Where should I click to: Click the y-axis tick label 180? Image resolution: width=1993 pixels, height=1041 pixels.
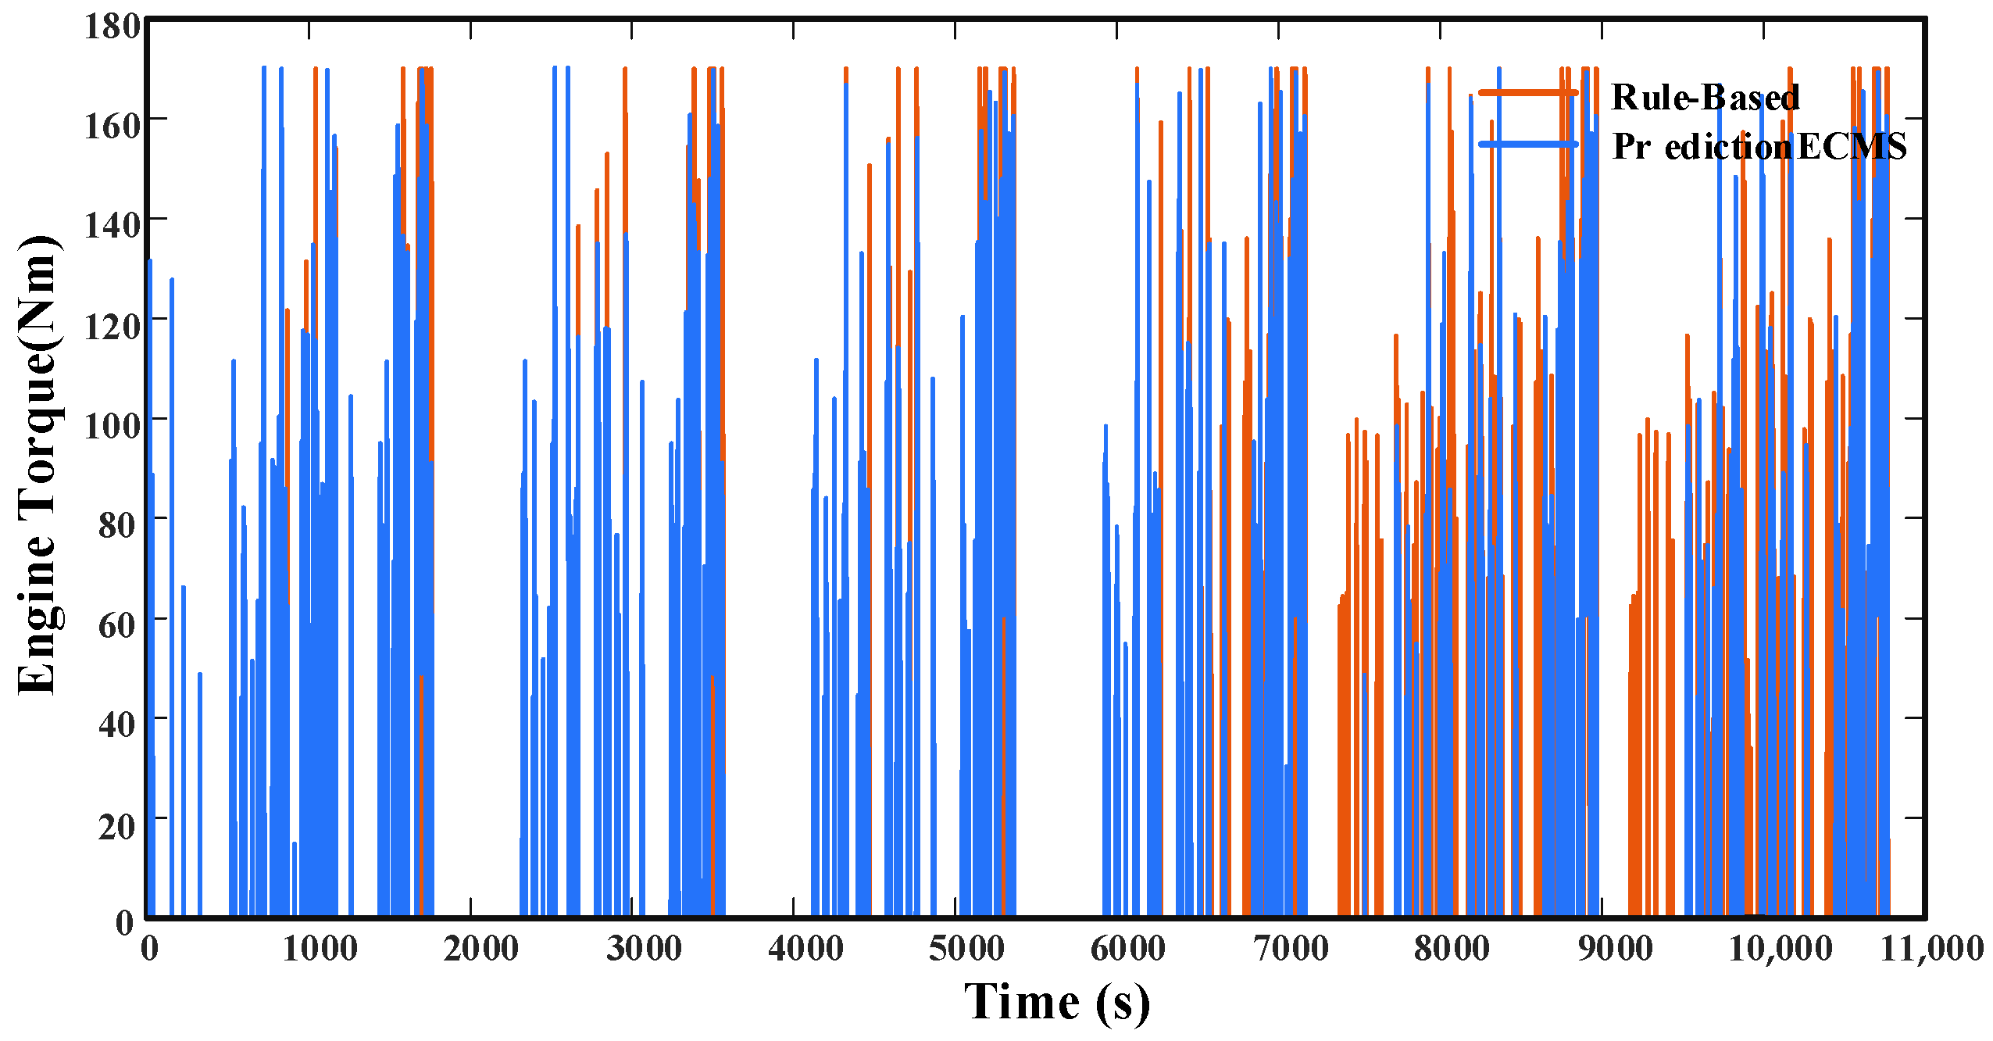[x=112, y=27]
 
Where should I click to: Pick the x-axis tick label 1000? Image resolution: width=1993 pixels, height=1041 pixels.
[x=320, y=949]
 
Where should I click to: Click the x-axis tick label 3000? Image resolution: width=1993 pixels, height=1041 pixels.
[x=644, y=949]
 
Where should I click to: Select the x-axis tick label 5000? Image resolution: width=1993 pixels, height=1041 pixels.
[x=966, y=949]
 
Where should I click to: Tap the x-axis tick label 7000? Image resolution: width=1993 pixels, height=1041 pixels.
[x=1290, y=949]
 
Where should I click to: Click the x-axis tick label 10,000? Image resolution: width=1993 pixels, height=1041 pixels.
[x=1780, y=949]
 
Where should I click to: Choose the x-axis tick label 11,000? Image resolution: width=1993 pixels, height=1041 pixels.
[x=1931, y=949]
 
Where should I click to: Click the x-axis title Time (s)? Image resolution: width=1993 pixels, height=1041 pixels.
[x=1056, y=1002]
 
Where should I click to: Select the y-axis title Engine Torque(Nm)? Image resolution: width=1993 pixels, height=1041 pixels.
[x=38, y=464]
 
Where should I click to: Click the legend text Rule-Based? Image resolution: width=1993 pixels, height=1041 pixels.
[x=1705, y=98]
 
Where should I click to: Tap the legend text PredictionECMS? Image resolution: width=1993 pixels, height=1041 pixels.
[x=1759, y=146]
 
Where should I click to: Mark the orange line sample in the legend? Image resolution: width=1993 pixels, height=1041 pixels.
[x=1527, y=93]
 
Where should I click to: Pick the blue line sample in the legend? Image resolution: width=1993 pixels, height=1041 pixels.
[x=1527, y=144]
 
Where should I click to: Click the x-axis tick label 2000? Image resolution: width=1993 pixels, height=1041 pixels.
[x=480, y=949]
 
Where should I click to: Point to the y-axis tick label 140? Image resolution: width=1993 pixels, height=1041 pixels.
[x=112, y=226]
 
